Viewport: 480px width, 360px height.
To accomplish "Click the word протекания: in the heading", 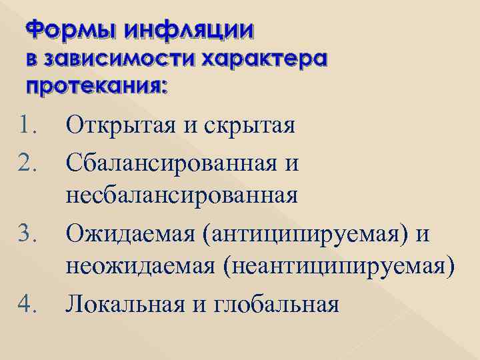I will (x=97, y=86).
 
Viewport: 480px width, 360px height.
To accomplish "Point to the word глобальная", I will (x=279, y=305).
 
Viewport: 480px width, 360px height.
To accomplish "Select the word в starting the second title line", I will (x=32, y=59).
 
